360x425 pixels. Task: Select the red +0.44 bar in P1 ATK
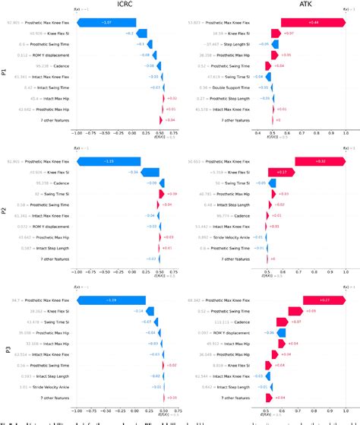[312, 23]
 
